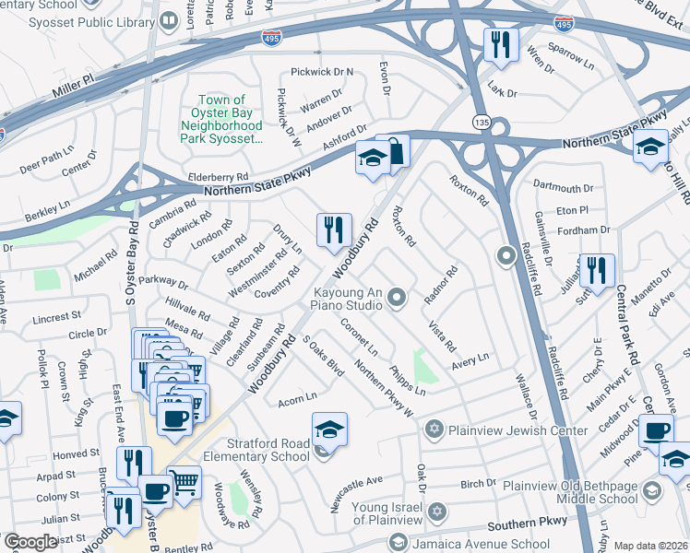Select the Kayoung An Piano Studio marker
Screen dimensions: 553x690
(398, 296)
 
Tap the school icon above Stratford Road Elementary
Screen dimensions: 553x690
(329, 429)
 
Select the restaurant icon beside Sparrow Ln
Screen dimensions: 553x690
(501, 44)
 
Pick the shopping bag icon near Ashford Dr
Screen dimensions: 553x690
(395, 151)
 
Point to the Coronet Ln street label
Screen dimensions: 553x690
(360, 338)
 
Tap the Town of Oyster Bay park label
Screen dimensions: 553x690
(225, 119)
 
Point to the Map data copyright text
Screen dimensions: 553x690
(651, 546)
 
